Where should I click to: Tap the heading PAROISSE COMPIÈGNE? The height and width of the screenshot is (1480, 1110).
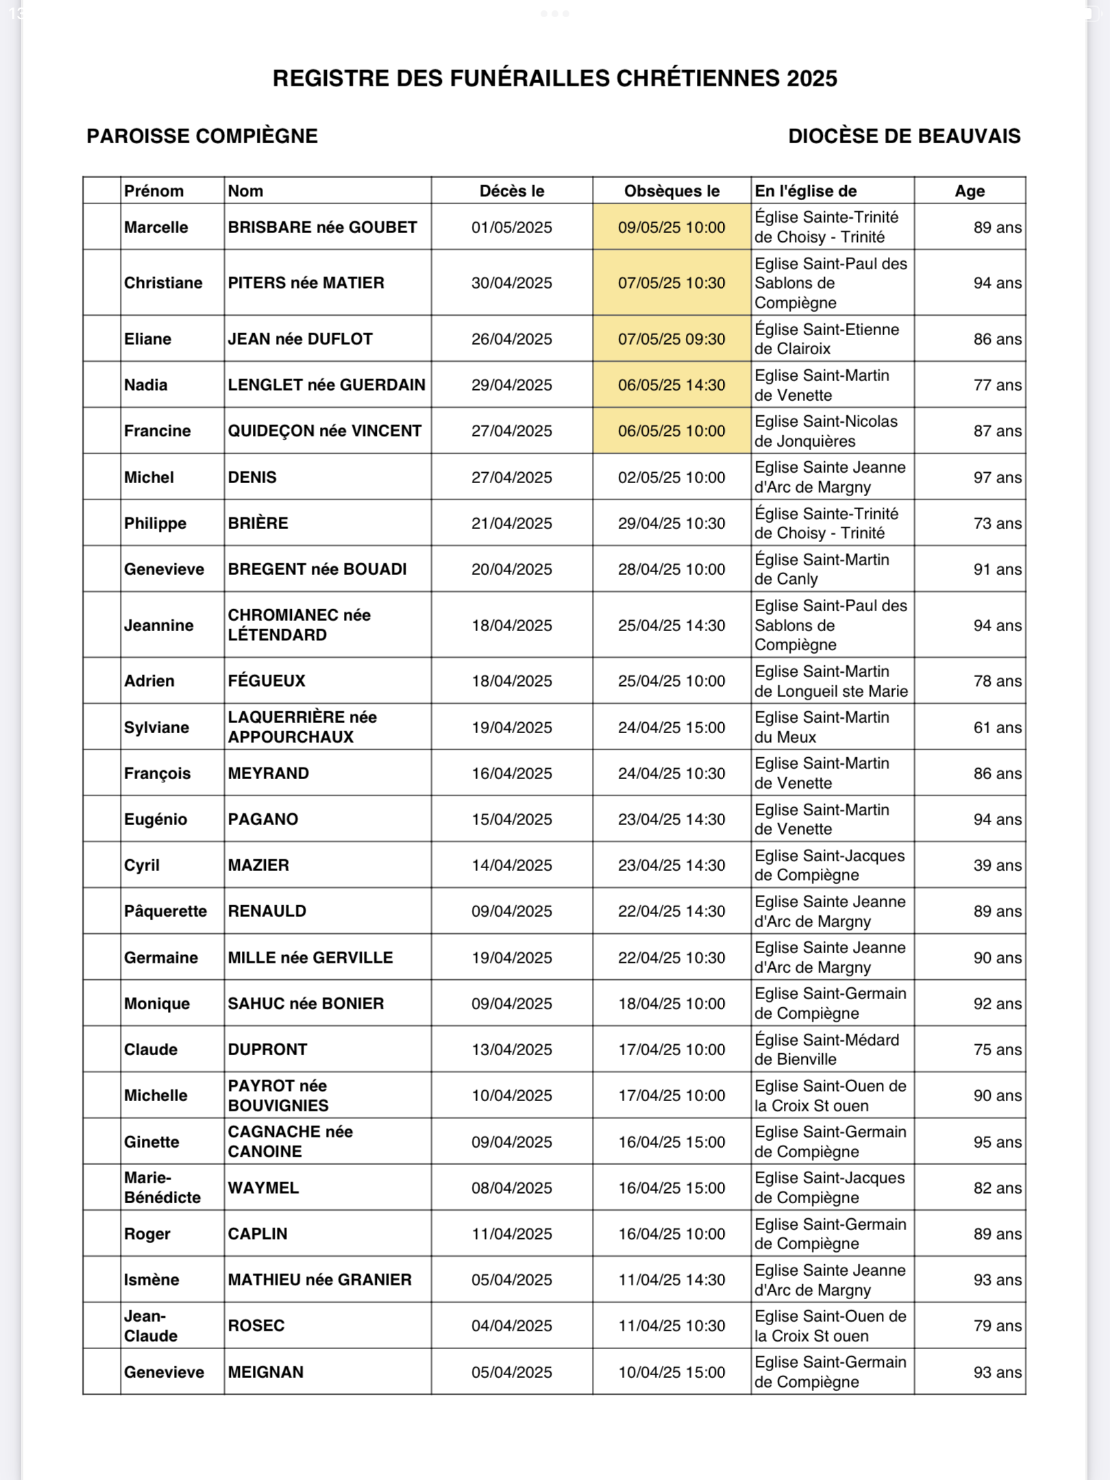[x=202, y=136]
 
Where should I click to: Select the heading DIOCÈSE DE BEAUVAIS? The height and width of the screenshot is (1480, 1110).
[x=904, y=136]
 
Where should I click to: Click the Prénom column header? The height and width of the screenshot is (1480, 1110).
[x=153, y=191]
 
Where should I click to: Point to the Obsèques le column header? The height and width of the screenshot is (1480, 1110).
[x=671, y=191]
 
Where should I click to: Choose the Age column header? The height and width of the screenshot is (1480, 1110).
[x=970, y=191]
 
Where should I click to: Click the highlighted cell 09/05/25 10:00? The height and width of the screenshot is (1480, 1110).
[x=671, y=227]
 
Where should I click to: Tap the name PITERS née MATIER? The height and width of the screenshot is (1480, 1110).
[x=306, y=283]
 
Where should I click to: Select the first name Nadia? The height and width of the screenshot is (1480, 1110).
[x=145, y=385]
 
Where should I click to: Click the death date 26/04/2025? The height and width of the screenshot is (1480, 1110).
[x=511, y=339]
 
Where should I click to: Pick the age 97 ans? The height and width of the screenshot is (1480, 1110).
[x=997, y=478]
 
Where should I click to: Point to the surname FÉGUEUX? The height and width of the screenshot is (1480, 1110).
[x=267, y=681]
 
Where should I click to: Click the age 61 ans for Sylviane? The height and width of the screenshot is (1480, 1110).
[x=997, y=728]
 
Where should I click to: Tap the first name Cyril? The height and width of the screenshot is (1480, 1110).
[x=142, y=865]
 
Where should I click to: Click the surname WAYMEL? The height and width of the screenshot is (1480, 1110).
[x=263, y=1188]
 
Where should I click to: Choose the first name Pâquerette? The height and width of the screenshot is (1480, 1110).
[x=165, y=911]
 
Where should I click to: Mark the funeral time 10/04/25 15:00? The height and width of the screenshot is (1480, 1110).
[x=671, y=1372]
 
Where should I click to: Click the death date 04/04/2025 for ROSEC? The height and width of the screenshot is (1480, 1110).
[x=511, y=1326]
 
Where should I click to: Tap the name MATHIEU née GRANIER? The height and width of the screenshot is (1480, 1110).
[x=319, y=1280]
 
